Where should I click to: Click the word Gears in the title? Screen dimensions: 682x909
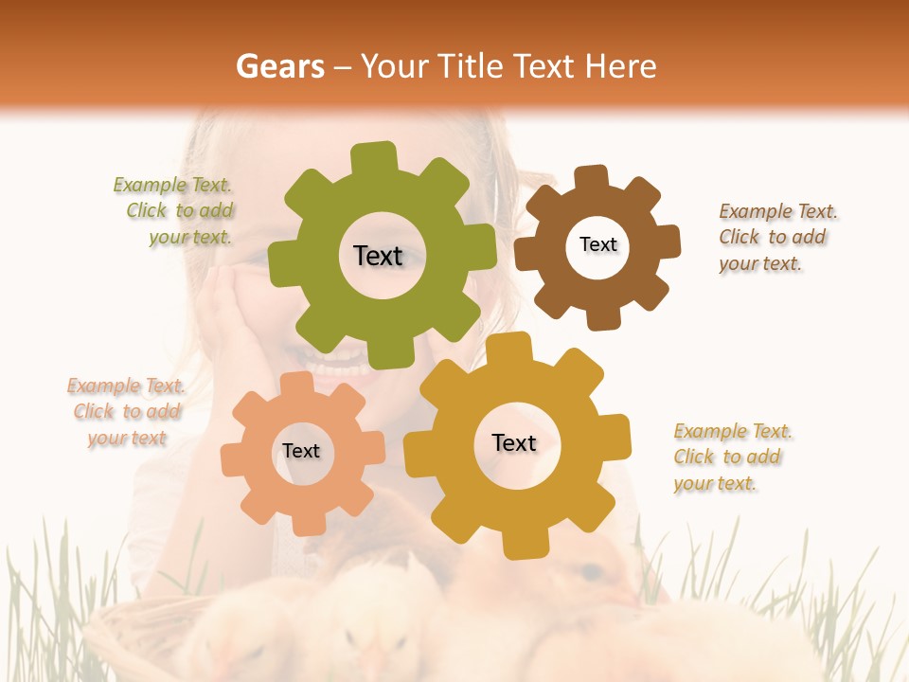pyautogui.click(x=278, y=66)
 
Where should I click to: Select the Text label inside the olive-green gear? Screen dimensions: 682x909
pyautogui.click(x=378, y=256)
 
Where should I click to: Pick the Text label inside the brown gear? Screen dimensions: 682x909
pyautogui.click(x=597, y=244)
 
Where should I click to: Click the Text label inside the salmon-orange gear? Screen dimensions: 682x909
pyautogui.click(x=301, y=451)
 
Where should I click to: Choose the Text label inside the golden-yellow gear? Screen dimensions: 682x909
pyautogui.click(x=514, y=442)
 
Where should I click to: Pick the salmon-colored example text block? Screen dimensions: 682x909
pyautogui.click(x=126, y=412)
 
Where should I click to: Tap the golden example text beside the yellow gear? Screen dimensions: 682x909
pyautogui.click(x=731, y=458)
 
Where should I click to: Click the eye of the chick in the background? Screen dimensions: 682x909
pyautogui.click(x=589, y=571)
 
